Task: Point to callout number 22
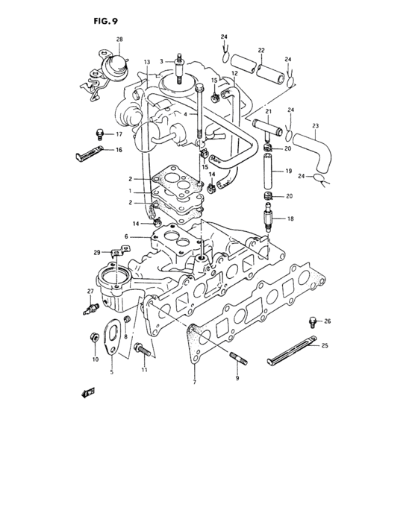(x=261, y=51)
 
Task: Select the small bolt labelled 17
(x=100, y=135)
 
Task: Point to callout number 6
(x=127, y=236)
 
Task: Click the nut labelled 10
(x=94, y=337)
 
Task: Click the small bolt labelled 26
(x=312, y=322)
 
